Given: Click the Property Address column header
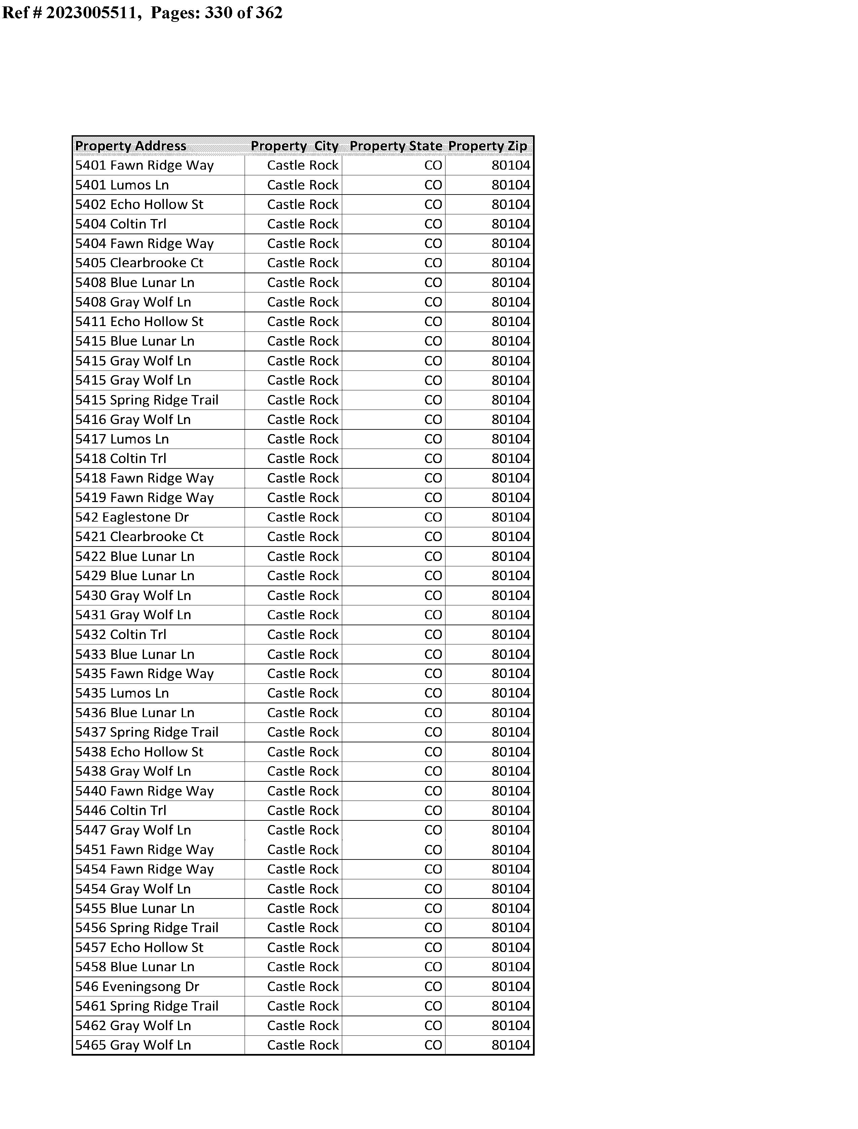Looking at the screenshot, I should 131,146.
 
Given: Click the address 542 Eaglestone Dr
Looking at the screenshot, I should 132,517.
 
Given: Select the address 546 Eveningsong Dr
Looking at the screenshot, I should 137,987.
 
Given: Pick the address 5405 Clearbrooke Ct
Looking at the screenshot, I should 139,263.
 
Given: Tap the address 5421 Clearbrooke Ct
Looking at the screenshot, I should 139,537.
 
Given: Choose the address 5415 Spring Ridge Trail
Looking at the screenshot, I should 147,400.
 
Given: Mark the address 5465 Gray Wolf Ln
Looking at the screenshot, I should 133,1045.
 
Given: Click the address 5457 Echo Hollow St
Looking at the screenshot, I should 139,947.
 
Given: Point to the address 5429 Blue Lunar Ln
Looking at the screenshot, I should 135,576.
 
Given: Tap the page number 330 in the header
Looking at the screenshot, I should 219,12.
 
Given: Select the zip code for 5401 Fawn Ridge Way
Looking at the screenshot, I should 511,166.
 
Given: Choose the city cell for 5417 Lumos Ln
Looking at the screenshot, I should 302,439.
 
